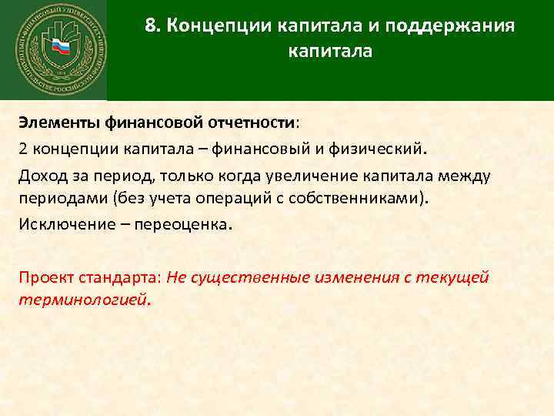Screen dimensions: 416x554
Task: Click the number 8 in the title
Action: click(x=150, y=26)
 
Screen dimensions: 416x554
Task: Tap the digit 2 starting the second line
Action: click(x=24, y=147)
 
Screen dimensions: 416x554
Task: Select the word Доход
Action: click(x=43, y=175)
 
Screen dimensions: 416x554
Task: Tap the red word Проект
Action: click(x=47, y=277)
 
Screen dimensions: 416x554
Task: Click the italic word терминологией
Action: click(x=84, y=298)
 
